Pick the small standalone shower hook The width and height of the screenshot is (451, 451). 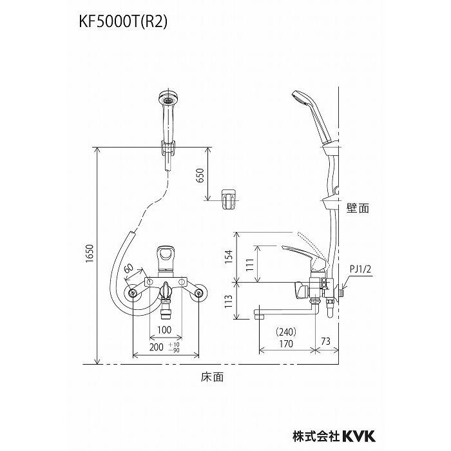pyautogui.click(x=229, y=198)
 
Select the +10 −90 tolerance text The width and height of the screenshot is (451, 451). pyautogui.click(x=175, y=347)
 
